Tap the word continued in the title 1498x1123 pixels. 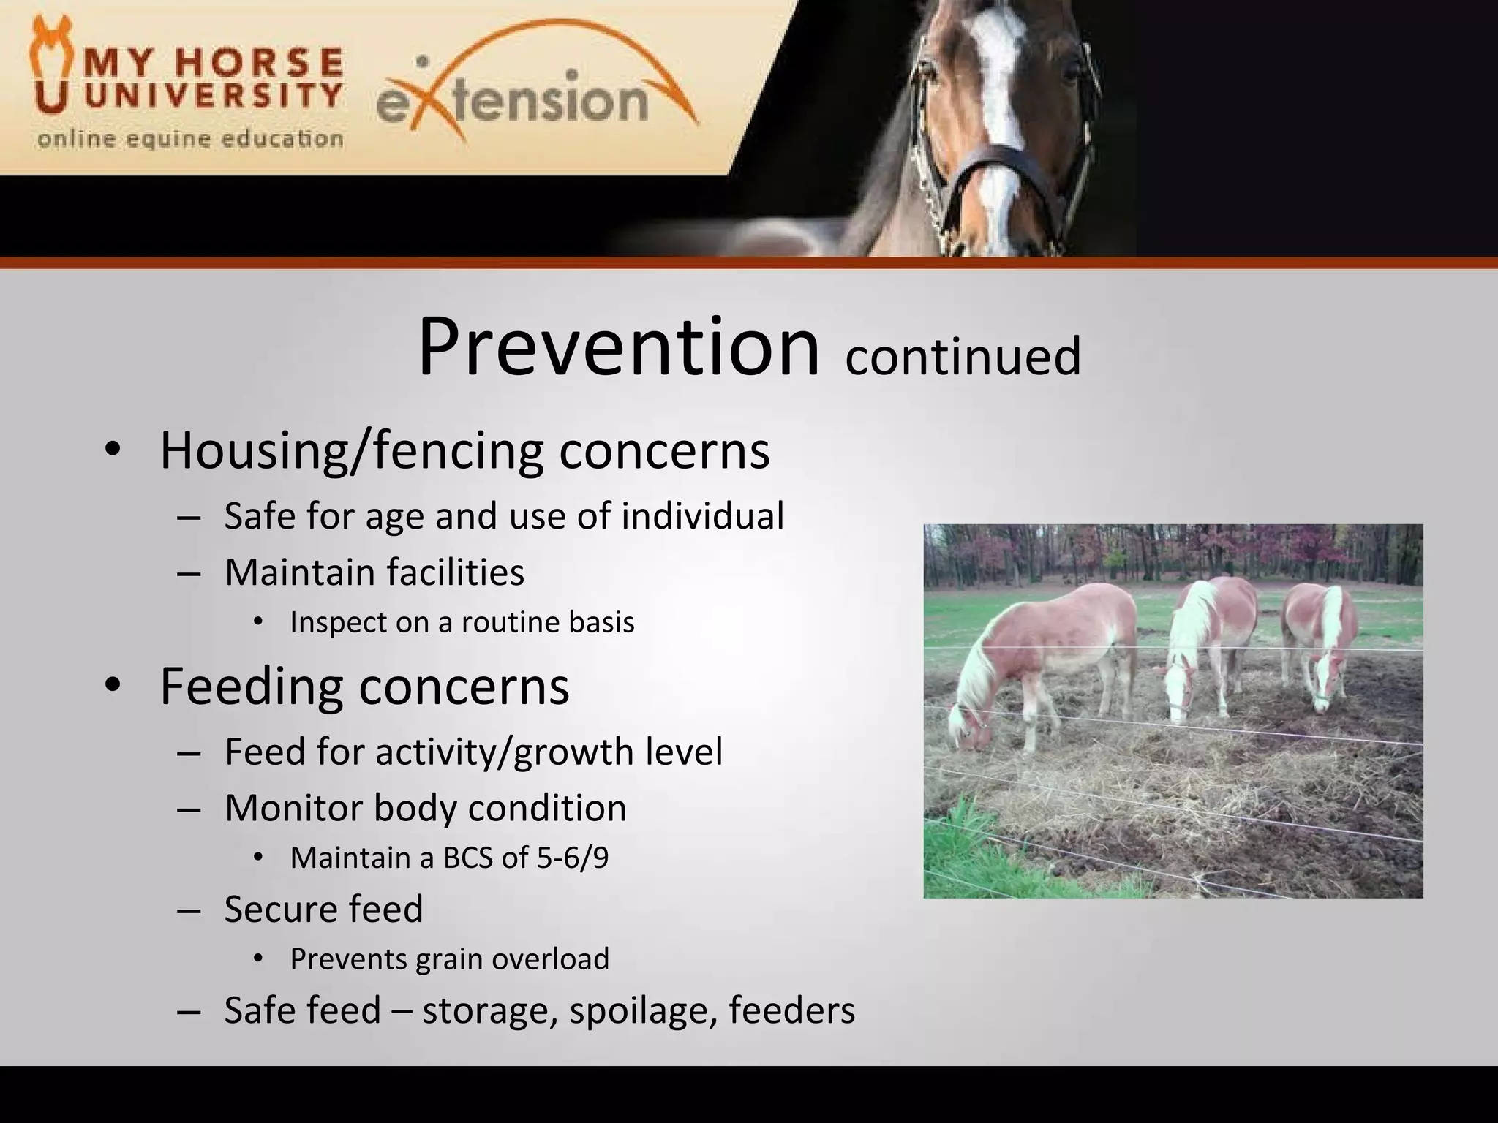[963, 356]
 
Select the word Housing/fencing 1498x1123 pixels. [351, 451]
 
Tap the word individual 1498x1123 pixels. [702, 516]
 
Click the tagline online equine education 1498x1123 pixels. [190, 139]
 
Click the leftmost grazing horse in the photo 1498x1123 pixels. [1039, 658]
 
